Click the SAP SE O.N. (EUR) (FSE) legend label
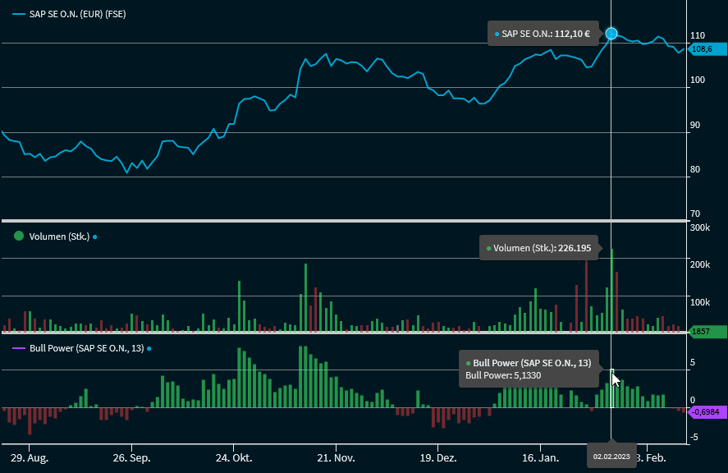77,15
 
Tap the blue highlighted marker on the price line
611,34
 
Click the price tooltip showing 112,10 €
543,34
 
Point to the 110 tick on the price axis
698,36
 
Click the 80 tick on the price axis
694,169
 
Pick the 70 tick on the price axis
694,214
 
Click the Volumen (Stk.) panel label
59,236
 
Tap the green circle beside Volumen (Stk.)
19,236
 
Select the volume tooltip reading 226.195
540,248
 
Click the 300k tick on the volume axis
699,227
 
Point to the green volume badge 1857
705,332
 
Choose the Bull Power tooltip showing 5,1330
529,369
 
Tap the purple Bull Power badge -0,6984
705,411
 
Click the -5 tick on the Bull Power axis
694,437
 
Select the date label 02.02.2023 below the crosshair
611,457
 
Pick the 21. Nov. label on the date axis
336,457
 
